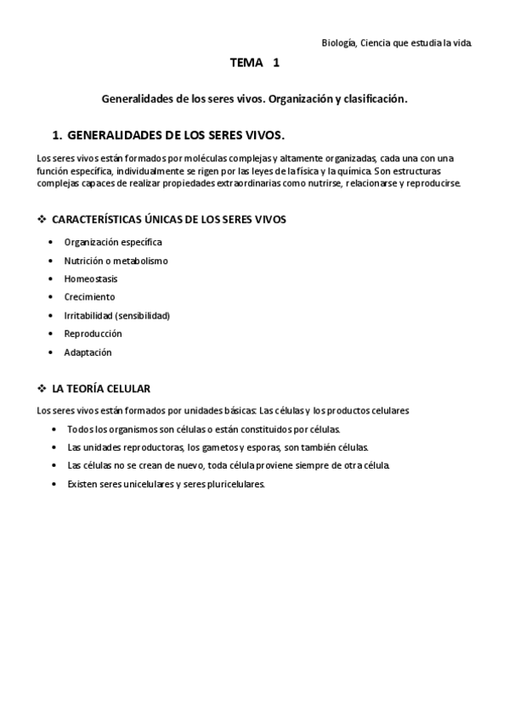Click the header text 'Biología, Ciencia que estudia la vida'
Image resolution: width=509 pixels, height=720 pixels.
[x=397, y=42]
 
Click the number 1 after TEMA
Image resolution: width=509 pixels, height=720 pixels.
[x=276, y=63]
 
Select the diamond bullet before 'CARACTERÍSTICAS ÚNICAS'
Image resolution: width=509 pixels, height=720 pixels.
[x=42, y=219]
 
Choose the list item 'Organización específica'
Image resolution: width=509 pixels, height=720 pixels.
[x=113, y=242]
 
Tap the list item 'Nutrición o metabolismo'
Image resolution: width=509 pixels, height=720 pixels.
[x=116, y=261]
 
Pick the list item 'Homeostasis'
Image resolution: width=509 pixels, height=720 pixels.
[x=91, y=278]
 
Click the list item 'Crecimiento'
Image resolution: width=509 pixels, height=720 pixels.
[x=89, y=297]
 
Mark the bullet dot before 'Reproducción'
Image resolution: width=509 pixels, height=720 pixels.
[x=54, y=335]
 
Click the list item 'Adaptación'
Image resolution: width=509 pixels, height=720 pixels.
[x=88, y=352]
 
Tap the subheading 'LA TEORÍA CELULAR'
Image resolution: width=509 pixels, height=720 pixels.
[x=101, y=389]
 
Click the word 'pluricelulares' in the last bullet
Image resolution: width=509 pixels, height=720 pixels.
[x=235, y=485]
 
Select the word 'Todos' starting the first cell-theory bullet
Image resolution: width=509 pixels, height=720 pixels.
[x=78, y=430]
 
